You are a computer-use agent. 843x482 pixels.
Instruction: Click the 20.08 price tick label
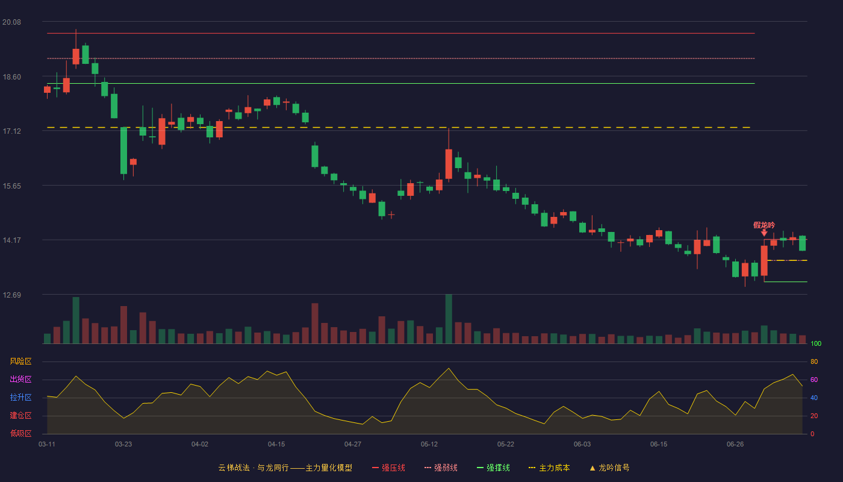11,22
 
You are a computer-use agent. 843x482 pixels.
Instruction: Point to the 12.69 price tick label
11,295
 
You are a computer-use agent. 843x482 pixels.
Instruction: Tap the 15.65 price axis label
11,186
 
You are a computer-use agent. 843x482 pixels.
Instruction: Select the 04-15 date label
276,445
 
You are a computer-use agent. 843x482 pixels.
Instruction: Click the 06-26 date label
735,445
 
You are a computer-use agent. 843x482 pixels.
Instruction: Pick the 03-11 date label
47,445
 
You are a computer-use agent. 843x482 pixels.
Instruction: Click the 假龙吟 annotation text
764,225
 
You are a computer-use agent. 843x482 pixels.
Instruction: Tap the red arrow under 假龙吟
764,233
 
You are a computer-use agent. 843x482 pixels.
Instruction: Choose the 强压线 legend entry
388,468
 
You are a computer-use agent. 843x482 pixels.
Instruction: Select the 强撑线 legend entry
493,468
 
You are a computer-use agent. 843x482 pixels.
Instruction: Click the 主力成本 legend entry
549,468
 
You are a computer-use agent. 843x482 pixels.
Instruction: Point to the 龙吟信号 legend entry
609,468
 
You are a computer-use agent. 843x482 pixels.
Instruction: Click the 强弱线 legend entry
441,468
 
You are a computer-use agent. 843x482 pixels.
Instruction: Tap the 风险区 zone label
20,361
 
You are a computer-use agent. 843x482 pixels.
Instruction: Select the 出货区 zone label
20,379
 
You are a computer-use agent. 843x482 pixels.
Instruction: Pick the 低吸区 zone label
20,433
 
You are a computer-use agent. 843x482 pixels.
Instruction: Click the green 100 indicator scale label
816,343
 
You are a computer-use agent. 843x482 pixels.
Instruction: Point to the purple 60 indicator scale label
814,380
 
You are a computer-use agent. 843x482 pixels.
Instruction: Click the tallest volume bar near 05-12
449,319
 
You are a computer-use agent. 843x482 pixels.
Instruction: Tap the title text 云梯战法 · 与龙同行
254,468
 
